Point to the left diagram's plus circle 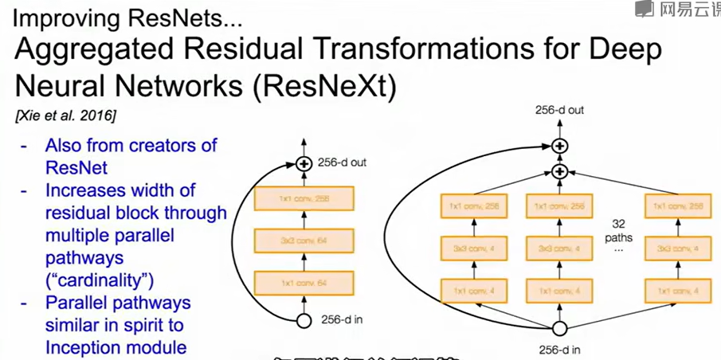[x=303, y=164]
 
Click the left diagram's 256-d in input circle [x=303, y=321]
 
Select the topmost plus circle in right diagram [x=559, y=146]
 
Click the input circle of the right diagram [x=559, y=328]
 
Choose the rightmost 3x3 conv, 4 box [x=676, y=249]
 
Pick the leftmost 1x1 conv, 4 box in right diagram [x=472, y=290]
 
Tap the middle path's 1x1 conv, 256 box [x=559, y=207]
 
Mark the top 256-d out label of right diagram [x=559, y=110]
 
